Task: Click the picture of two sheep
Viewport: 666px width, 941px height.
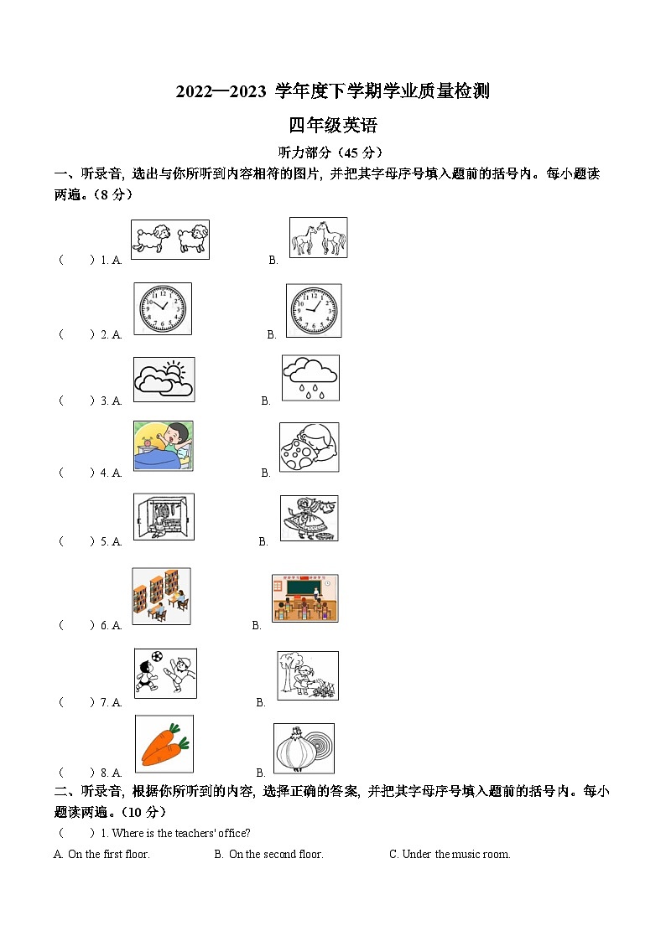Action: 170,240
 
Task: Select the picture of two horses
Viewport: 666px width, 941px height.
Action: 318,238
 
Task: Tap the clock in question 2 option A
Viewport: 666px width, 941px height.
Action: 163,308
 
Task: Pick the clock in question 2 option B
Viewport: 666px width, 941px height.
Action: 314,309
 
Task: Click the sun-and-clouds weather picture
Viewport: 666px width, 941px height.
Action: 164,380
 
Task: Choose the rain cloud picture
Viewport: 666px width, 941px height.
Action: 310,379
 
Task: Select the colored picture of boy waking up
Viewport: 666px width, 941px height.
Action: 163,446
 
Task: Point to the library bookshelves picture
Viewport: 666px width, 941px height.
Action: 161,596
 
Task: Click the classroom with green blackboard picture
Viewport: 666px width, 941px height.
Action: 305,597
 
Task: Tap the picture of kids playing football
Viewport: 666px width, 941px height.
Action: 165,673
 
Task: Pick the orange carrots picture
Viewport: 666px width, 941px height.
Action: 164,743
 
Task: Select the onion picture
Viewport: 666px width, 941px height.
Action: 304,747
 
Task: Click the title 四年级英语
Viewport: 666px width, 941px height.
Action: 333,126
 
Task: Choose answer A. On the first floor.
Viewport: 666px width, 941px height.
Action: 102,855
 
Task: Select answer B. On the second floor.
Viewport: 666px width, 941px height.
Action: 269,855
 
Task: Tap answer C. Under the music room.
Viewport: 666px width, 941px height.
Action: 450,855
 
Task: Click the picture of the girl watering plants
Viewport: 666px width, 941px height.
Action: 308,675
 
